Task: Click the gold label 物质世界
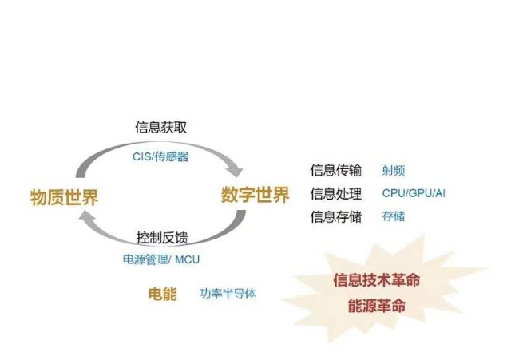tap(64, 197)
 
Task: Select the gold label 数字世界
tap(255, 195)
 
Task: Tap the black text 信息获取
tap(161, 127)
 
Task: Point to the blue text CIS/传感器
tap(160, 156)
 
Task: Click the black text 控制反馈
tap(162, 238)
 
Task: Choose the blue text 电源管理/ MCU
tap(161, 259)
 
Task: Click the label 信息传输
tap(335, 170)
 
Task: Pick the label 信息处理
tap(335, 193)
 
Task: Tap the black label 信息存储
tap(335, 216)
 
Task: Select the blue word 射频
tap(394, 170)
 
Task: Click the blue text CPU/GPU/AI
tap(414, 193)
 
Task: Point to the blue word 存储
tap(394, 216)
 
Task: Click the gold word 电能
tap(162, 294)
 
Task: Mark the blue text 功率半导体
tap(228, 294)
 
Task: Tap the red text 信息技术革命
tap(376, 280)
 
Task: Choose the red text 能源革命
tap(376, 306)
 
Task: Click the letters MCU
tap(187, 260)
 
